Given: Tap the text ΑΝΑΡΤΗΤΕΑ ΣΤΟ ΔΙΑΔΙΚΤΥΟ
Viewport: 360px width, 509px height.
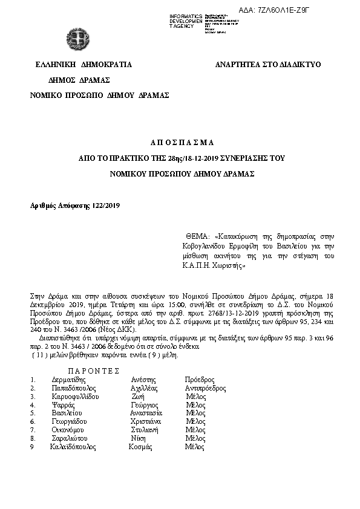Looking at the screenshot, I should (x=268, y=64).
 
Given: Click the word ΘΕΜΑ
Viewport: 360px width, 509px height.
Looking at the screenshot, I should (x=196, y=236).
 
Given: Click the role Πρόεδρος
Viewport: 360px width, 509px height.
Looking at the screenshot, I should (x=200, y=380).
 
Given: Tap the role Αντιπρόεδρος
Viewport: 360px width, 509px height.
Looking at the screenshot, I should (x=205, y=388).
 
